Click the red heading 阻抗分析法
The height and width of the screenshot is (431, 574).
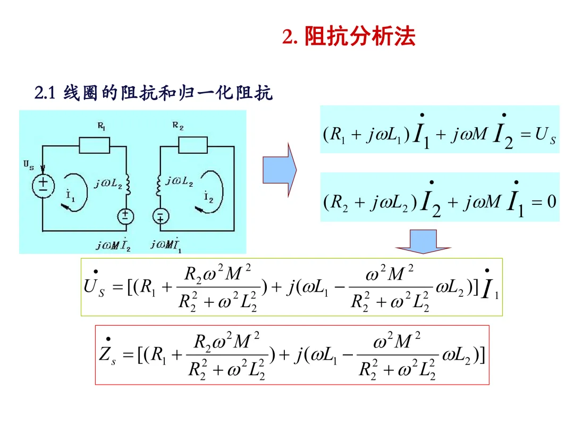tap(360, 36)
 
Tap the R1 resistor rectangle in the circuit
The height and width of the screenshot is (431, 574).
tap(94, 145)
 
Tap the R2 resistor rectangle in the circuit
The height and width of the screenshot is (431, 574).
tap(192, 145)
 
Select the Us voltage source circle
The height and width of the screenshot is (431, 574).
tap(43, 186)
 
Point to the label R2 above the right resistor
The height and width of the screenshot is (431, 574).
tap(178, 126)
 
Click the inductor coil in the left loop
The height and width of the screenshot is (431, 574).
tap(127, 184)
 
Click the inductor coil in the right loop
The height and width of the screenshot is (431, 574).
tap(158, 184)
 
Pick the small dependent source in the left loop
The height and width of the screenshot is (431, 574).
tap(125, 215)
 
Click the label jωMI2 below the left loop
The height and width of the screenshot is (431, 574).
tap(113, 244)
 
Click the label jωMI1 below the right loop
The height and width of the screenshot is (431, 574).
tap(166, 244)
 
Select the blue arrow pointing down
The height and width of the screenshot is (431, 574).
tap(423, 241)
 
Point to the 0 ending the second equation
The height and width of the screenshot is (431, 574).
tap(551, 202)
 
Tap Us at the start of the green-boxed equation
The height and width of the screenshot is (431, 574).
tap(94, 287)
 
